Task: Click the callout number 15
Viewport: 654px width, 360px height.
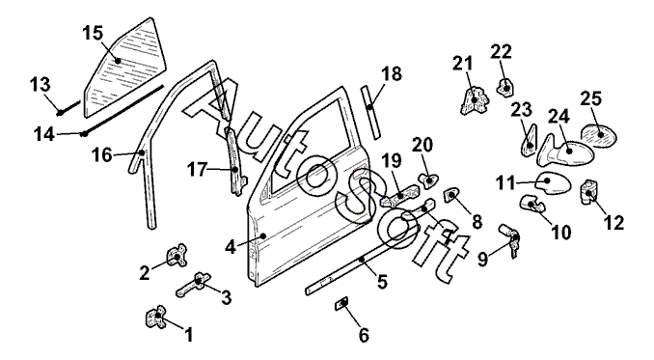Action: click(93, 33)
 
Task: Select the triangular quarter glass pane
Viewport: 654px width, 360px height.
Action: click(125, 69)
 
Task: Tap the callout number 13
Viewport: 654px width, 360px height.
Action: click(41, 85)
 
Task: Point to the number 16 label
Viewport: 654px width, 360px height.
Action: click(102, 155)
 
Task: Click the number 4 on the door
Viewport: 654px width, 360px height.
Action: click(231, 246)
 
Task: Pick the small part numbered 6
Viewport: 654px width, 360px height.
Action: click(341, 304)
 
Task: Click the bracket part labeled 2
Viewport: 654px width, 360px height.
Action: click(177, 256)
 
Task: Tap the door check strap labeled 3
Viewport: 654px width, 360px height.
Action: click(194, 285)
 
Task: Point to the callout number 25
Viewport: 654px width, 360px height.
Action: click(591, 98)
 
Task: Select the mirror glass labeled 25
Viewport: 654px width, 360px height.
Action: click(599, 135)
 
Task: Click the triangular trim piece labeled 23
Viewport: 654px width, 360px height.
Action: click(529, 141)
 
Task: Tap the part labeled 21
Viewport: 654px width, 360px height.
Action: click(475, 100)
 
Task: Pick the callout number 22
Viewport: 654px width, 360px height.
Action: click(501, 52)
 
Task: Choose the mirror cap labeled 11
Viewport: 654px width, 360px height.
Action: click(554, 182)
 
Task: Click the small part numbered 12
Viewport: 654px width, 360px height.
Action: click(589, 192)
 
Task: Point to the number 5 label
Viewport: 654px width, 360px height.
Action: click(382, 282)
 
